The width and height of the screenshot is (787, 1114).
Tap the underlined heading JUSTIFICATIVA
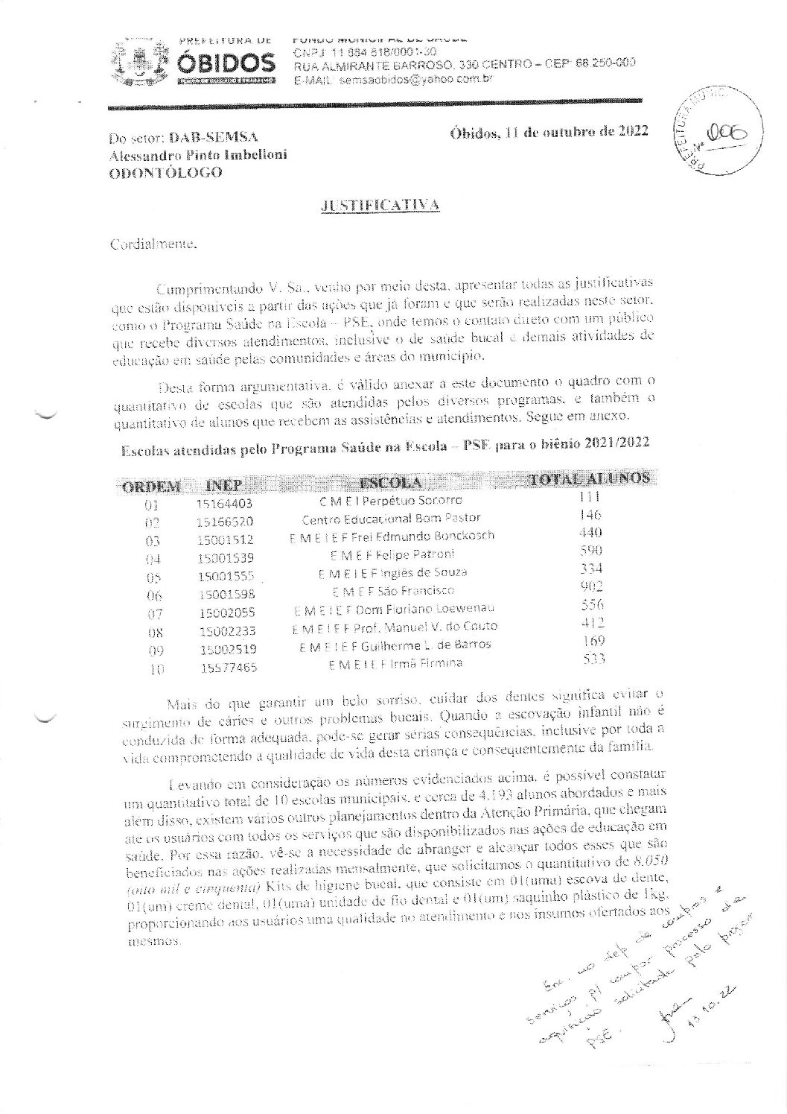(380, 205)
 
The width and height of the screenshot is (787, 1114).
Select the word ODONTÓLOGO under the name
(165, 172)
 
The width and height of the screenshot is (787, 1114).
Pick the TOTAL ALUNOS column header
(587, 478)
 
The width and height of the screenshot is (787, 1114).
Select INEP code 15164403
(225, 504)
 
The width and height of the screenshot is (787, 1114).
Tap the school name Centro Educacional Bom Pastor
(391, 518)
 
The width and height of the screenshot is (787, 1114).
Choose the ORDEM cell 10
(156, 669)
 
